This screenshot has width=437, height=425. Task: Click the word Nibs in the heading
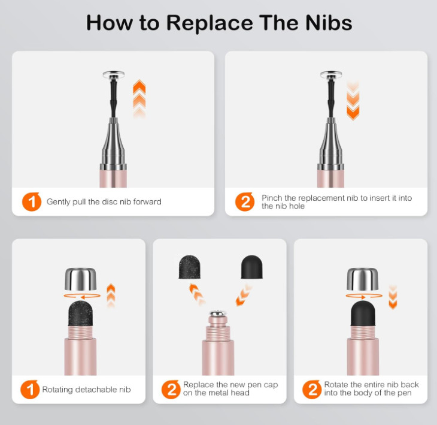(329, 23)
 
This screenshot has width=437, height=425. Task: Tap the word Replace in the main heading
(210, 23)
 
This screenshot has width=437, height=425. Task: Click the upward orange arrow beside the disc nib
(139, 98)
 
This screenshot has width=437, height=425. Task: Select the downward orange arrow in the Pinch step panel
(353, 101)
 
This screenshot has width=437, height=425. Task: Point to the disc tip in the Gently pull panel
(113, 75)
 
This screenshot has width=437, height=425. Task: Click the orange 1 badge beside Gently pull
(32, 201)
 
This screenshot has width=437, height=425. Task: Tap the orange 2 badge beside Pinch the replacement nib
(245, 201)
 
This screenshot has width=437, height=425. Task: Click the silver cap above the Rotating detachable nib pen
(81, 279)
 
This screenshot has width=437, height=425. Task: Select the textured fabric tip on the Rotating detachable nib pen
(81, 313)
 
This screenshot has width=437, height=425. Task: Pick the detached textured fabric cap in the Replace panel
(190, 267)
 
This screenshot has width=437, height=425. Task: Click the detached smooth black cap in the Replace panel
(251, 267)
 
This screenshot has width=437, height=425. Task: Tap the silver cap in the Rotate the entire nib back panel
(363, 279)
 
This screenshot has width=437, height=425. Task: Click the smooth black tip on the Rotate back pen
(363, 313)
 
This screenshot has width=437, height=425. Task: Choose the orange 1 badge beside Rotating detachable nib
(30, 389)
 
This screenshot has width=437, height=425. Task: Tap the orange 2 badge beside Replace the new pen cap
(171, 389)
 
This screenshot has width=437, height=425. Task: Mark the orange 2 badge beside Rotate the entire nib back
(312, 389)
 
